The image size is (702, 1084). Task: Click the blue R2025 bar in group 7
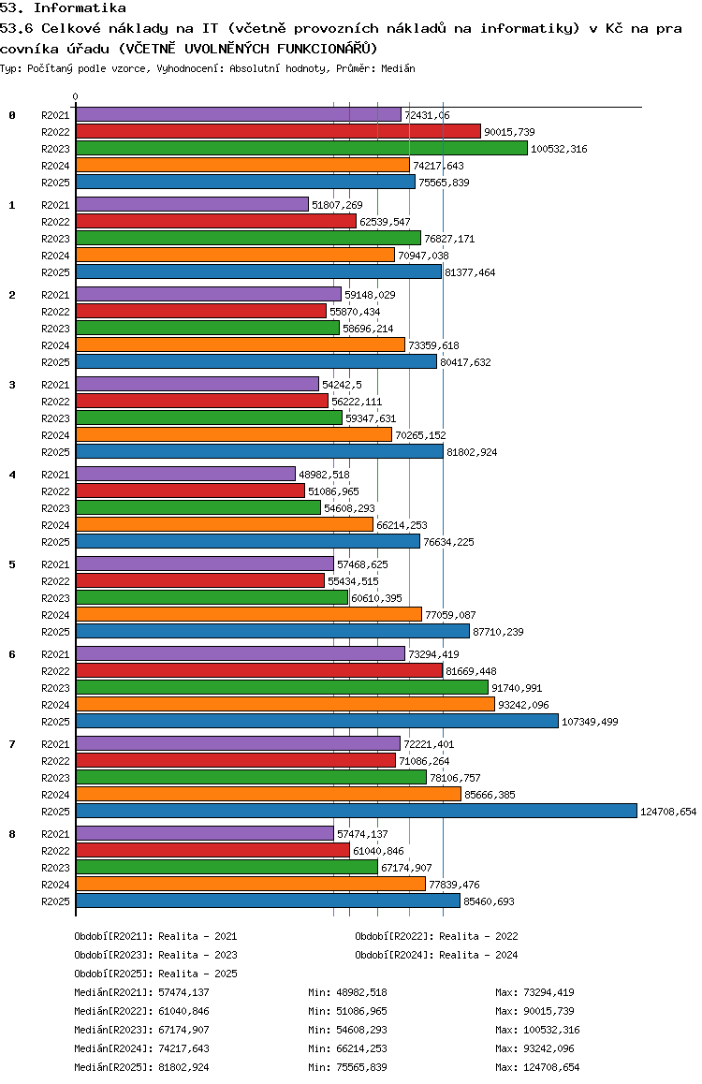point(356,811)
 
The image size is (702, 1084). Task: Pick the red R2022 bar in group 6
point(258,670)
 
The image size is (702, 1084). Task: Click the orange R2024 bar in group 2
point(240,344)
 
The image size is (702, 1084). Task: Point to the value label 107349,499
point(590,722)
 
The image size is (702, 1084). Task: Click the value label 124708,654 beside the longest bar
point(668,812)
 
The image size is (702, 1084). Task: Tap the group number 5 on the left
point(12,564)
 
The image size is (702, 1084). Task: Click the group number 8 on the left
point(12,834)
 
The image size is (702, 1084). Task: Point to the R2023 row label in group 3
point(56,418)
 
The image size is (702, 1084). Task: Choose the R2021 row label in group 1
point(56,205)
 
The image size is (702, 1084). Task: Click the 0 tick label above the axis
point(76,97)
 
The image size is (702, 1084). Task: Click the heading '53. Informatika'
point(64,7)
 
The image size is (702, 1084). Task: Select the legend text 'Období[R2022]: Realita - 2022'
point(436,936)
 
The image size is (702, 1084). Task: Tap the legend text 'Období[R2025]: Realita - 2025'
point(155,974)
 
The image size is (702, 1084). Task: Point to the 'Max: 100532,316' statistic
point(537,1030)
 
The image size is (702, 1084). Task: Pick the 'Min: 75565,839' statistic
point(347,1067)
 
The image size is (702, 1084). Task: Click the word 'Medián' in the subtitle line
point(398,69)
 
